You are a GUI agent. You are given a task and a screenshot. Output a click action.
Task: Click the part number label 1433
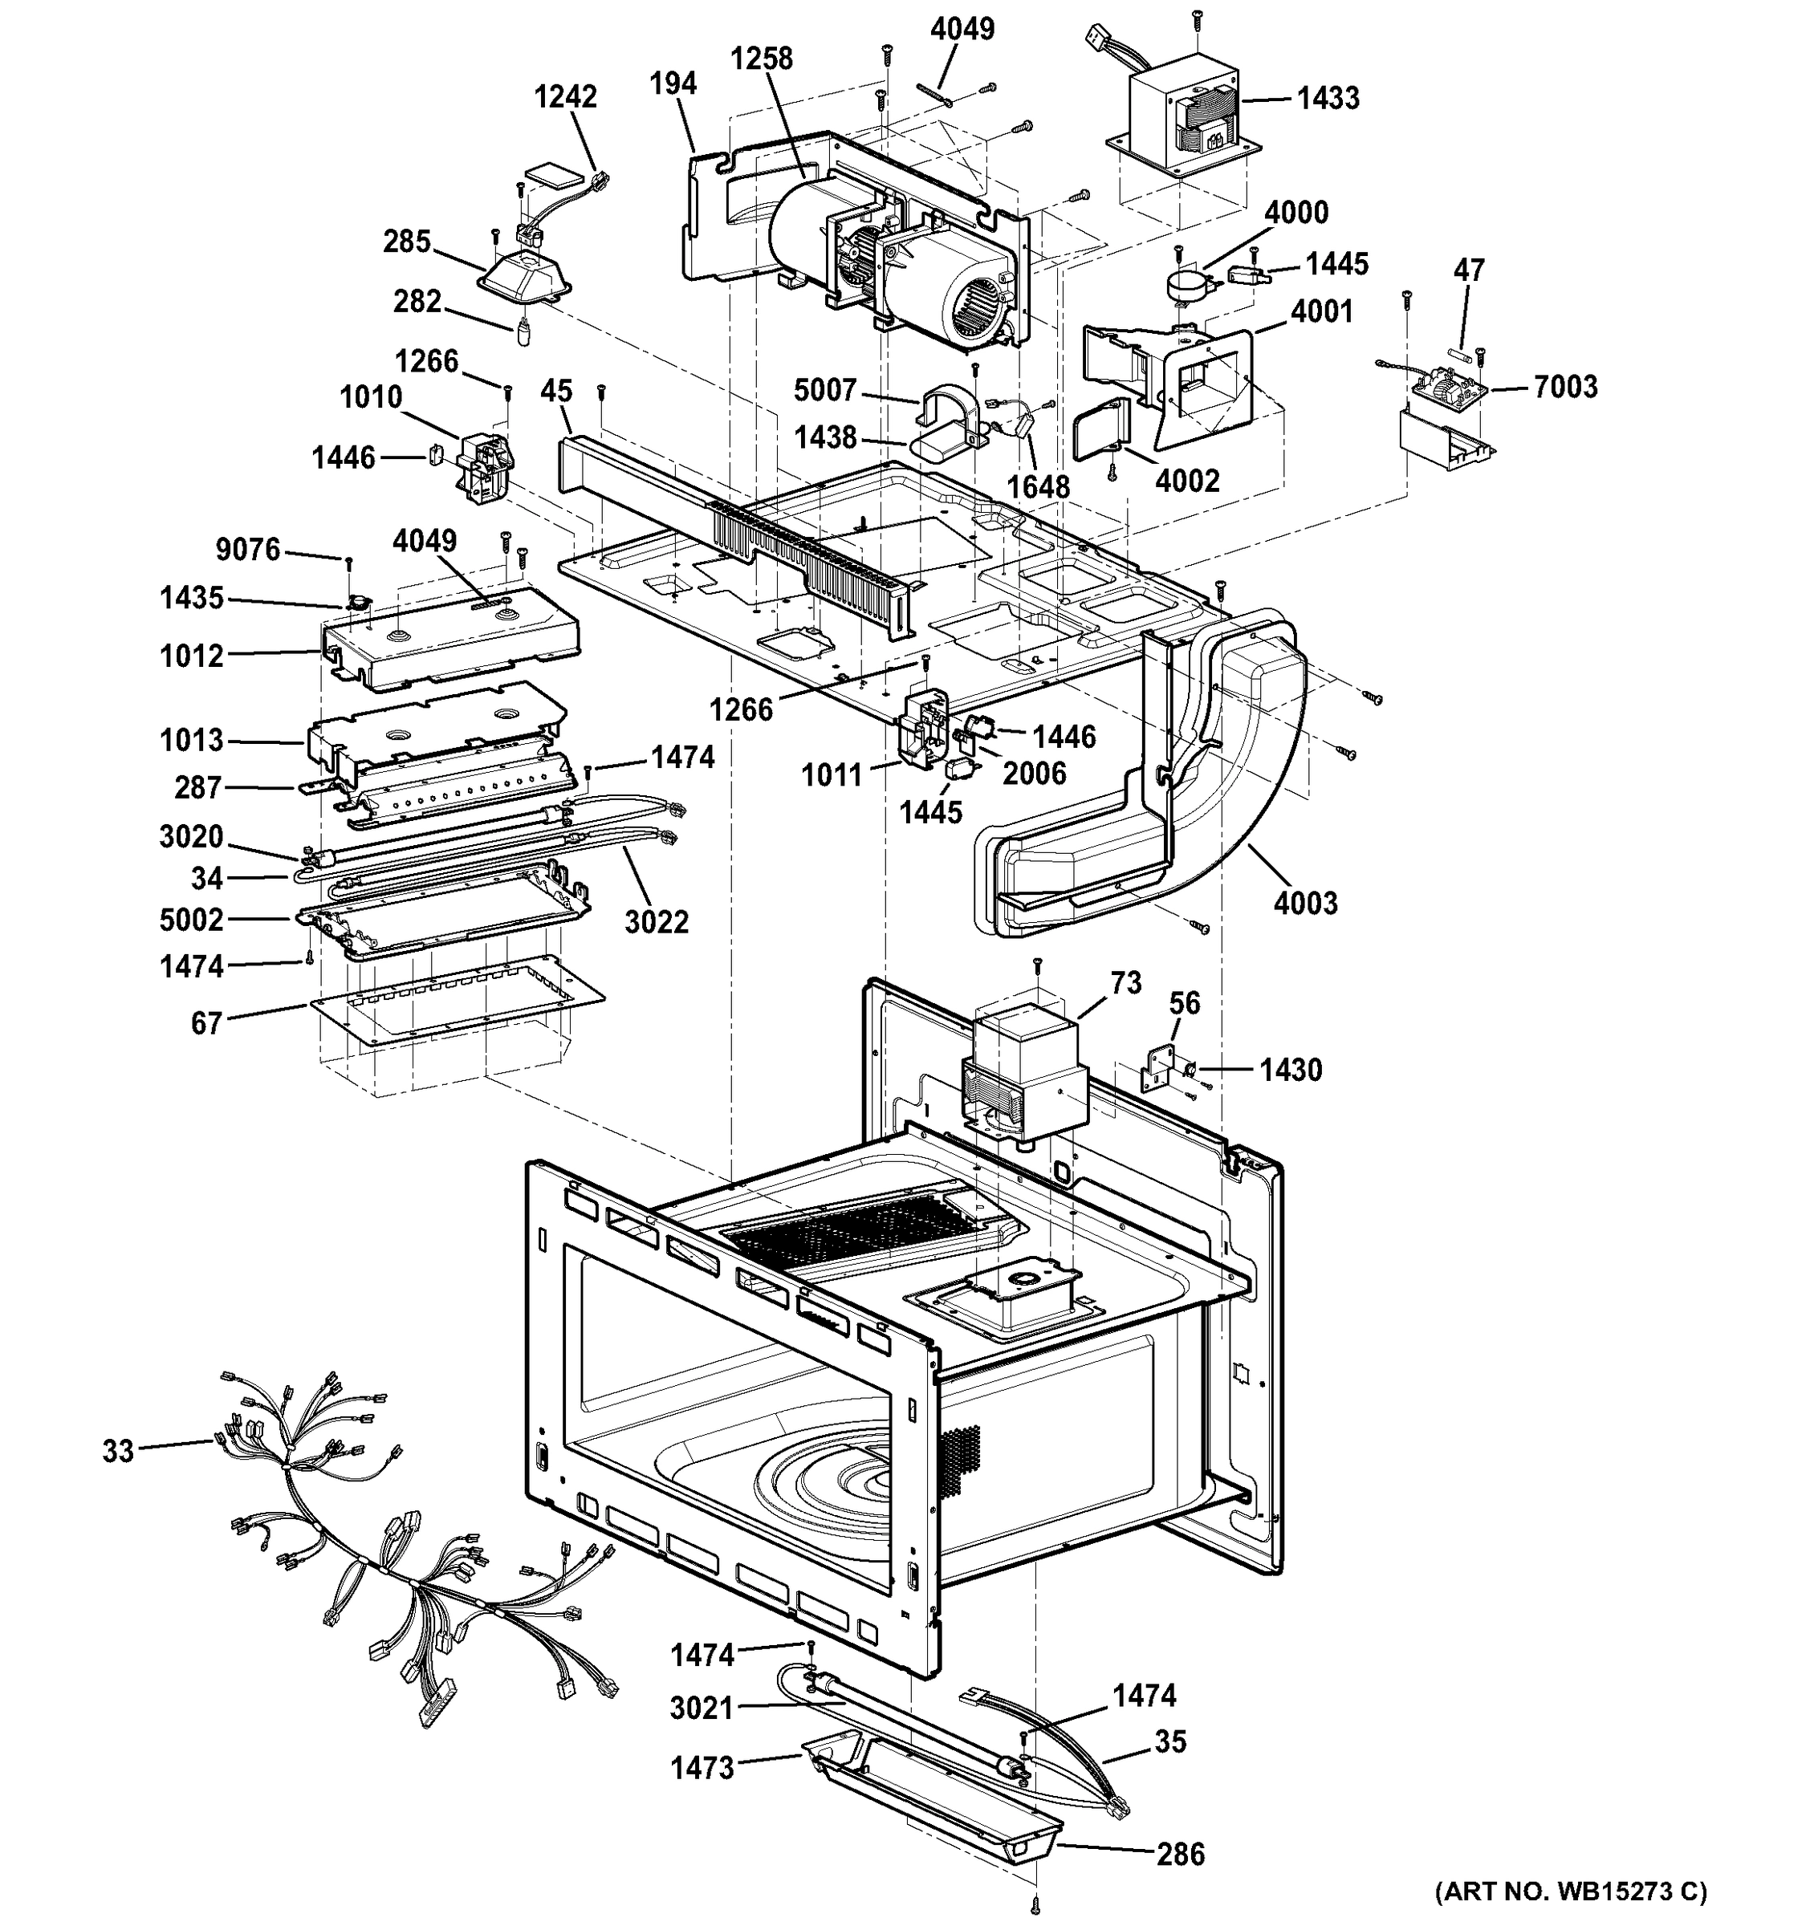(x=1328, y=98)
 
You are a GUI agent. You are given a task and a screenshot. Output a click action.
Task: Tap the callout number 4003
(x=1305, y=903)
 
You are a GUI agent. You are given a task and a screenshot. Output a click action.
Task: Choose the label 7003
(x=1565, y=388)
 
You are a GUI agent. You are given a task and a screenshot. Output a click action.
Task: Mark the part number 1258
(x=761, y=59)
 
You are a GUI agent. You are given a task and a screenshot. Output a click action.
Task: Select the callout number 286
(x=1180, y=1855)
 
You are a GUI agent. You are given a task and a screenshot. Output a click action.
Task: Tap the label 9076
(x=248, y=551)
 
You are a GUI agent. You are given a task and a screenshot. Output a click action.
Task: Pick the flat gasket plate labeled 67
(x=455, y=998)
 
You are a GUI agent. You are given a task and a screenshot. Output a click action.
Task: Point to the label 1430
(x=1291, y=1070)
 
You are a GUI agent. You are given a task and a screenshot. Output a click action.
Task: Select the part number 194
(x=673, y=83)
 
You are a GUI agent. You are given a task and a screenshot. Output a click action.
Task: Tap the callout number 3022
(x=656, y=921)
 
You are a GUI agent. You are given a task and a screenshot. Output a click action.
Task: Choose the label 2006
(x=1034, y=773)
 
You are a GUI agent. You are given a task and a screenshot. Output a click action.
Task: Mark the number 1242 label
(x=566, y=97)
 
